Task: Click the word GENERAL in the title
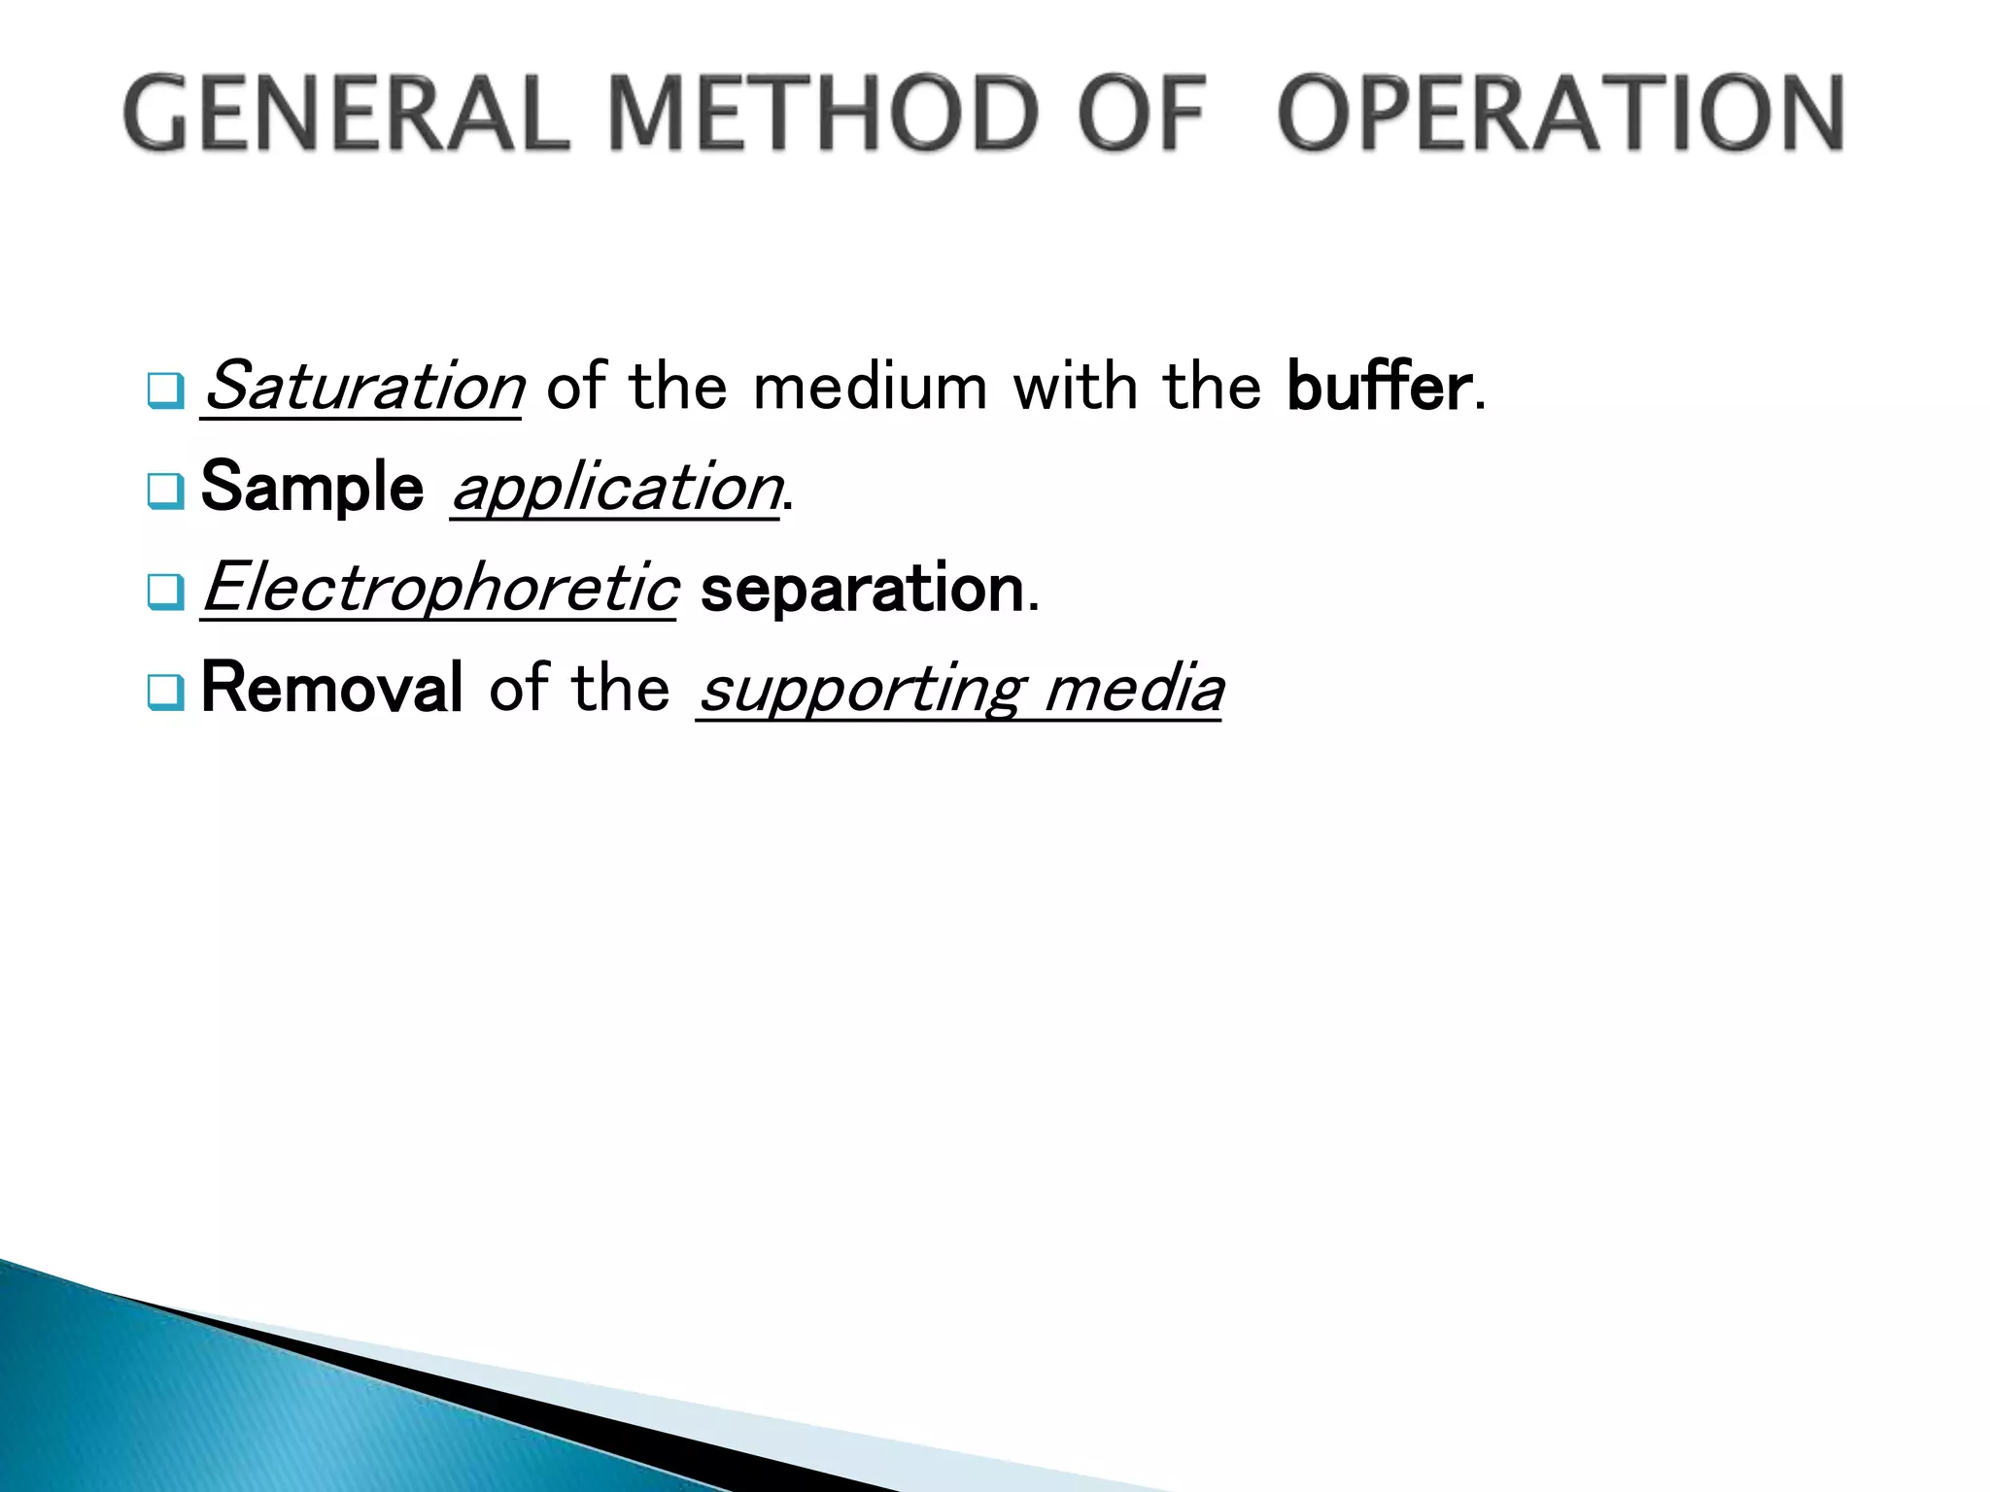coord(345,114)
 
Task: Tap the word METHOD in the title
coord(824,114)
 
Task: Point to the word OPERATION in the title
coord(1561,114)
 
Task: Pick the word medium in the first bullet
coord(871,387)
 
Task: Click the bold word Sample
coord(312,487)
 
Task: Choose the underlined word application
coord(616,489)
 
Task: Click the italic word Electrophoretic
coord(439,589)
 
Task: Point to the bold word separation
coord(862,589)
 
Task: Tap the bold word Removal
coord(331,688)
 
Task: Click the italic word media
coord(1134,689)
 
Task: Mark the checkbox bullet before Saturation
coord(165,390)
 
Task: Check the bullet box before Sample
coord(165,491)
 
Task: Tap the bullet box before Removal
coord(165,692)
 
